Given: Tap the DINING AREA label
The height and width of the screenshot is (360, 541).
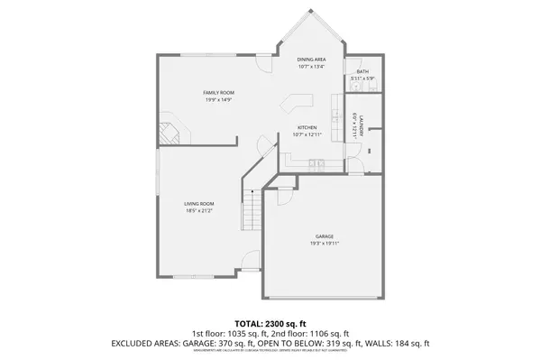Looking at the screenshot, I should click(x=311, y=60).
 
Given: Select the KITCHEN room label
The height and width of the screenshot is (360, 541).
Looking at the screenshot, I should click(x=307, y=128).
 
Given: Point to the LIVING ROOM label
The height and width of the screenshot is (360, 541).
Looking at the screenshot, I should click(x=199, y=204).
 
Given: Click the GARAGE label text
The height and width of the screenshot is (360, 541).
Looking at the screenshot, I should click(x=324, y=236).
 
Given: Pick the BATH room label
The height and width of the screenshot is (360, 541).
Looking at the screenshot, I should click(x=362, y=71).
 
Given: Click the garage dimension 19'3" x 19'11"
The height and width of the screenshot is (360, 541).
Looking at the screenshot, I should click(x=324, y=244).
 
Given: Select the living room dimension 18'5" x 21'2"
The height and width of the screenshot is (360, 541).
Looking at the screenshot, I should click(x=199, y=211).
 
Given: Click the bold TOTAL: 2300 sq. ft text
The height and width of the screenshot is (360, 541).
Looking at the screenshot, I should click(x=270, y=323).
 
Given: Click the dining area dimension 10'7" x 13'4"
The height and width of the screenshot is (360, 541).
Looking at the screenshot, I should click(x=311, y=67).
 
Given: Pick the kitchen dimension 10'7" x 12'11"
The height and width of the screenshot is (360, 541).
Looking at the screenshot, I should click(x=307, y=135).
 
